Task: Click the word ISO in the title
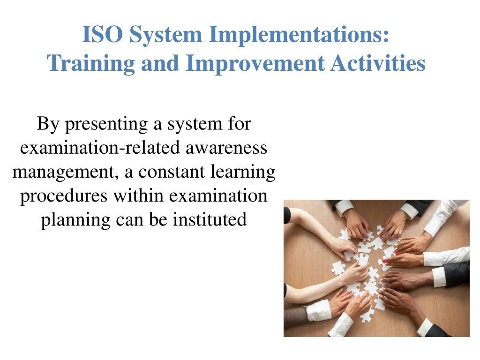tap(103, 34)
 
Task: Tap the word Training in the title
tap(90, 64)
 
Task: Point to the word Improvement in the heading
tap(255, 64)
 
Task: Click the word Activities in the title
tap(378, 63)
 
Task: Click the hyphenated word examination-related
tap(100, 148)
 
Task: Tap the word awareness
tap(226, 148)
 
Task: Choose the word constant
tap(172, 172)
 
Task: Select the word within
tap(138, 195)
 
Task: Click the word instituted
tap(210, 219)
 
